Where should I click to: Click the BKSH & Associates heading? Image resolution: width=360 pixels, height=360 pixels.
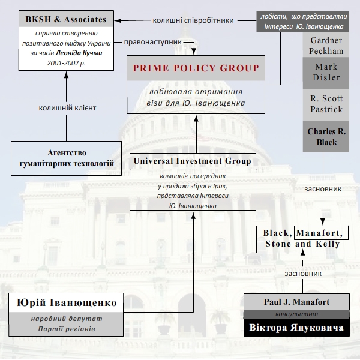[x=66, y=19]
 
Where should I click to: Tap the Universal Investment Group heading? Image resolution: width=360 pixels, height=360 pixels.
[x=192, y=161]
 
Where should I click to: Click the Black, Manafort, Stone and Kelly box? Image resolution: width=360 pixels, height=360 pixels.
[x=302, y=238]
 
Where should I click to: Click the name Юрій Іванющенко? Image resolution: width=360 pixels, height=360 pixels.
[x=67, y=302]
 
